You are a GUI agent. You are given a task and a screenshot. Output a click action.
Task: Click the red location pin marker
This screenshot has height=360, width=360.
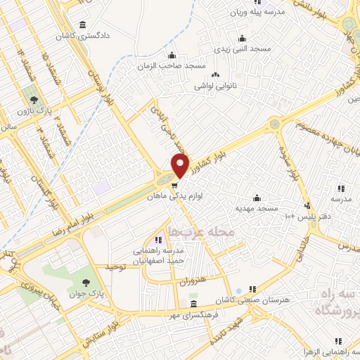[x=181, y=166]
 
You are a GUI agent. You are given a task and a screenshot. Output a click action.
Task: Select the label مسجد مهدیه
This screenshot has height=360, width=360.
[x=257, y=208]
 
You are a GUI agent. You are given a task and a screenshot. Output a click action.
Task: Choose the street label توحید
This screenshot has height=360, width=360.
[x=113, y=266]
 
